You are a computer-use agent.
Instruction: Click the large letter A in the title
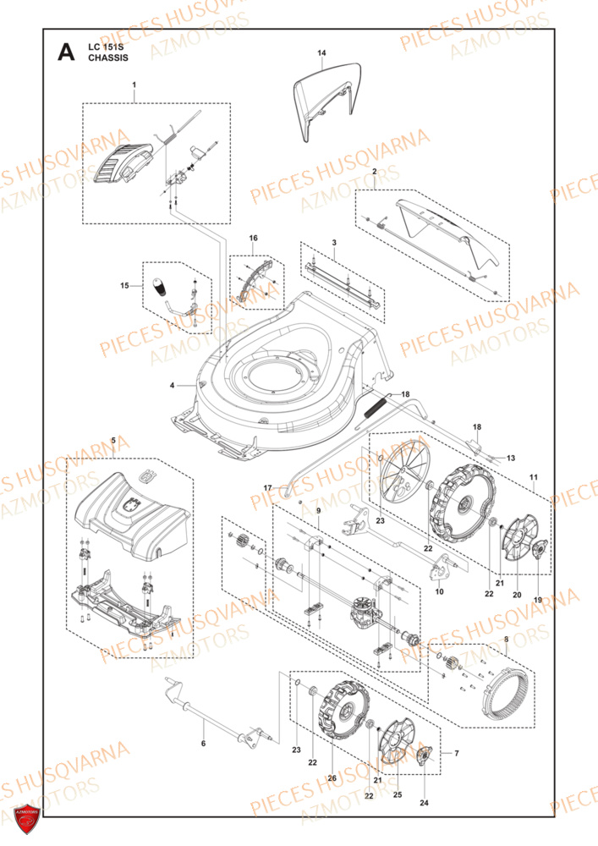tap(66, 52)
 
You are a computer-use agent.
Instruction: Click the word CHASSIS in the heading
tap(108, 58)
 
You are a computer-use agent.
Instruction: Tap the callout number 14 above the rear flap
tap(322, 52)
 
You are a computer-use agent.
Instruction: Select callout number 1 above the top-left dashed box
tap(134, 85)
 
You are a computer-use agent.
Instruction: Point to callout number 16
tap(254, 238)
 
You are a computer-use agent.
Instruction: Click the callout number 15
tap(124, 285)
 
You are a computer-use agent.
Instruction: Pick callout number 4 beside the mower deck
tap(172, 385)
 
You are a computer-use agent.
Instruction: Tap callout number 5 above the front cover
tap(113, 440)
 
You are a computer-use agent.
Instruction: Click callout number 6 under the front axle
tap(203, 744)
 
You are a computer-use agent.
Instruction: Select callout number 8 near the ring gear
tap(506, 640)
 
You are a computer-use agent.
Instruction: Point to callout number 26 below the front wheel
tap(332, 778)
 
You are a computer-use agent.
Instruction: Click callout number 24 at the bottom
tap(425, 803)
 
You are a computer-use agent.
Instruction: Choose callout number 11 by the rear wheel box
tap(534, 477)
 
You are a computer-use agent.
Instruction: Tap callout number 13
tap(511, 458)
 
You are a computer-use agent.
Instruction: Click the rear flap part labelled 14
tap(326, 100)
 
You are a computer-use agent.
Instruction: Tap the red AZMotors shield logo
tap(27, 820)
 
